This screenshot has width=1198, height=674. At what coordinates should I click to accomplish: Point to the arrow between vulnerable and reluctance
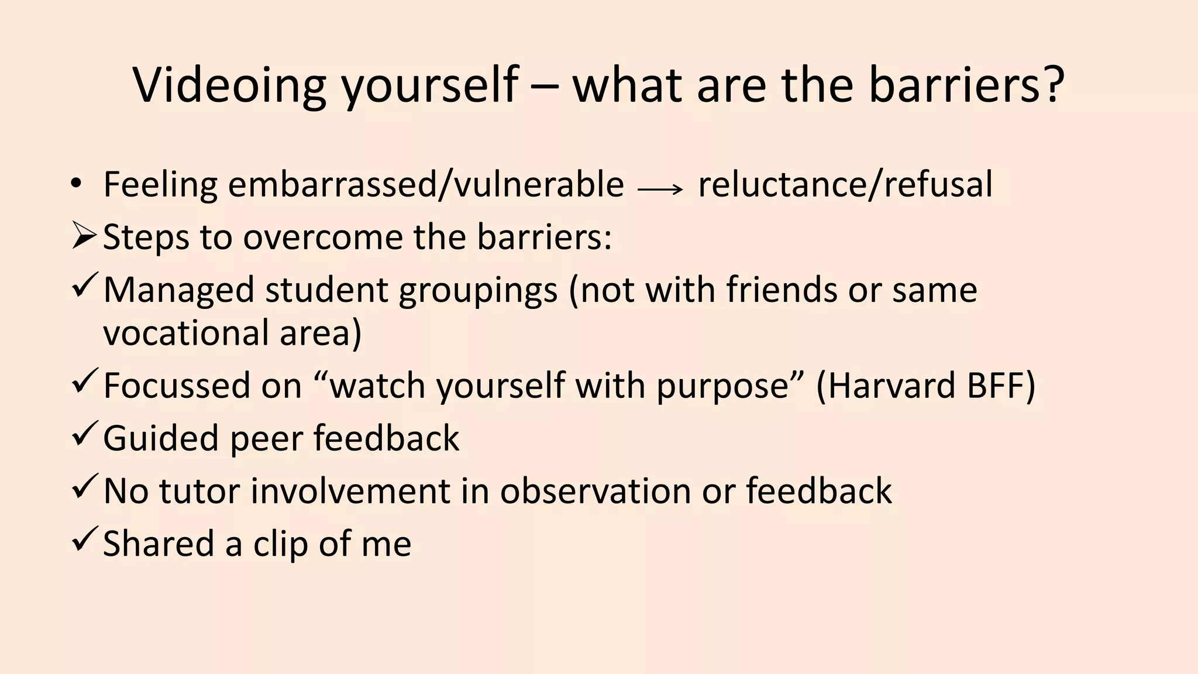[660, 189]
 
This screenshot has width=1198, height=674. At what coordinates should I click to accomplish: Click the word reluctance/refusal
[845, 184]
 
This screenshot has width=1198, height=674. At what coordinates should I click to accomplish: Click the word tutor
[199, 490]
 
